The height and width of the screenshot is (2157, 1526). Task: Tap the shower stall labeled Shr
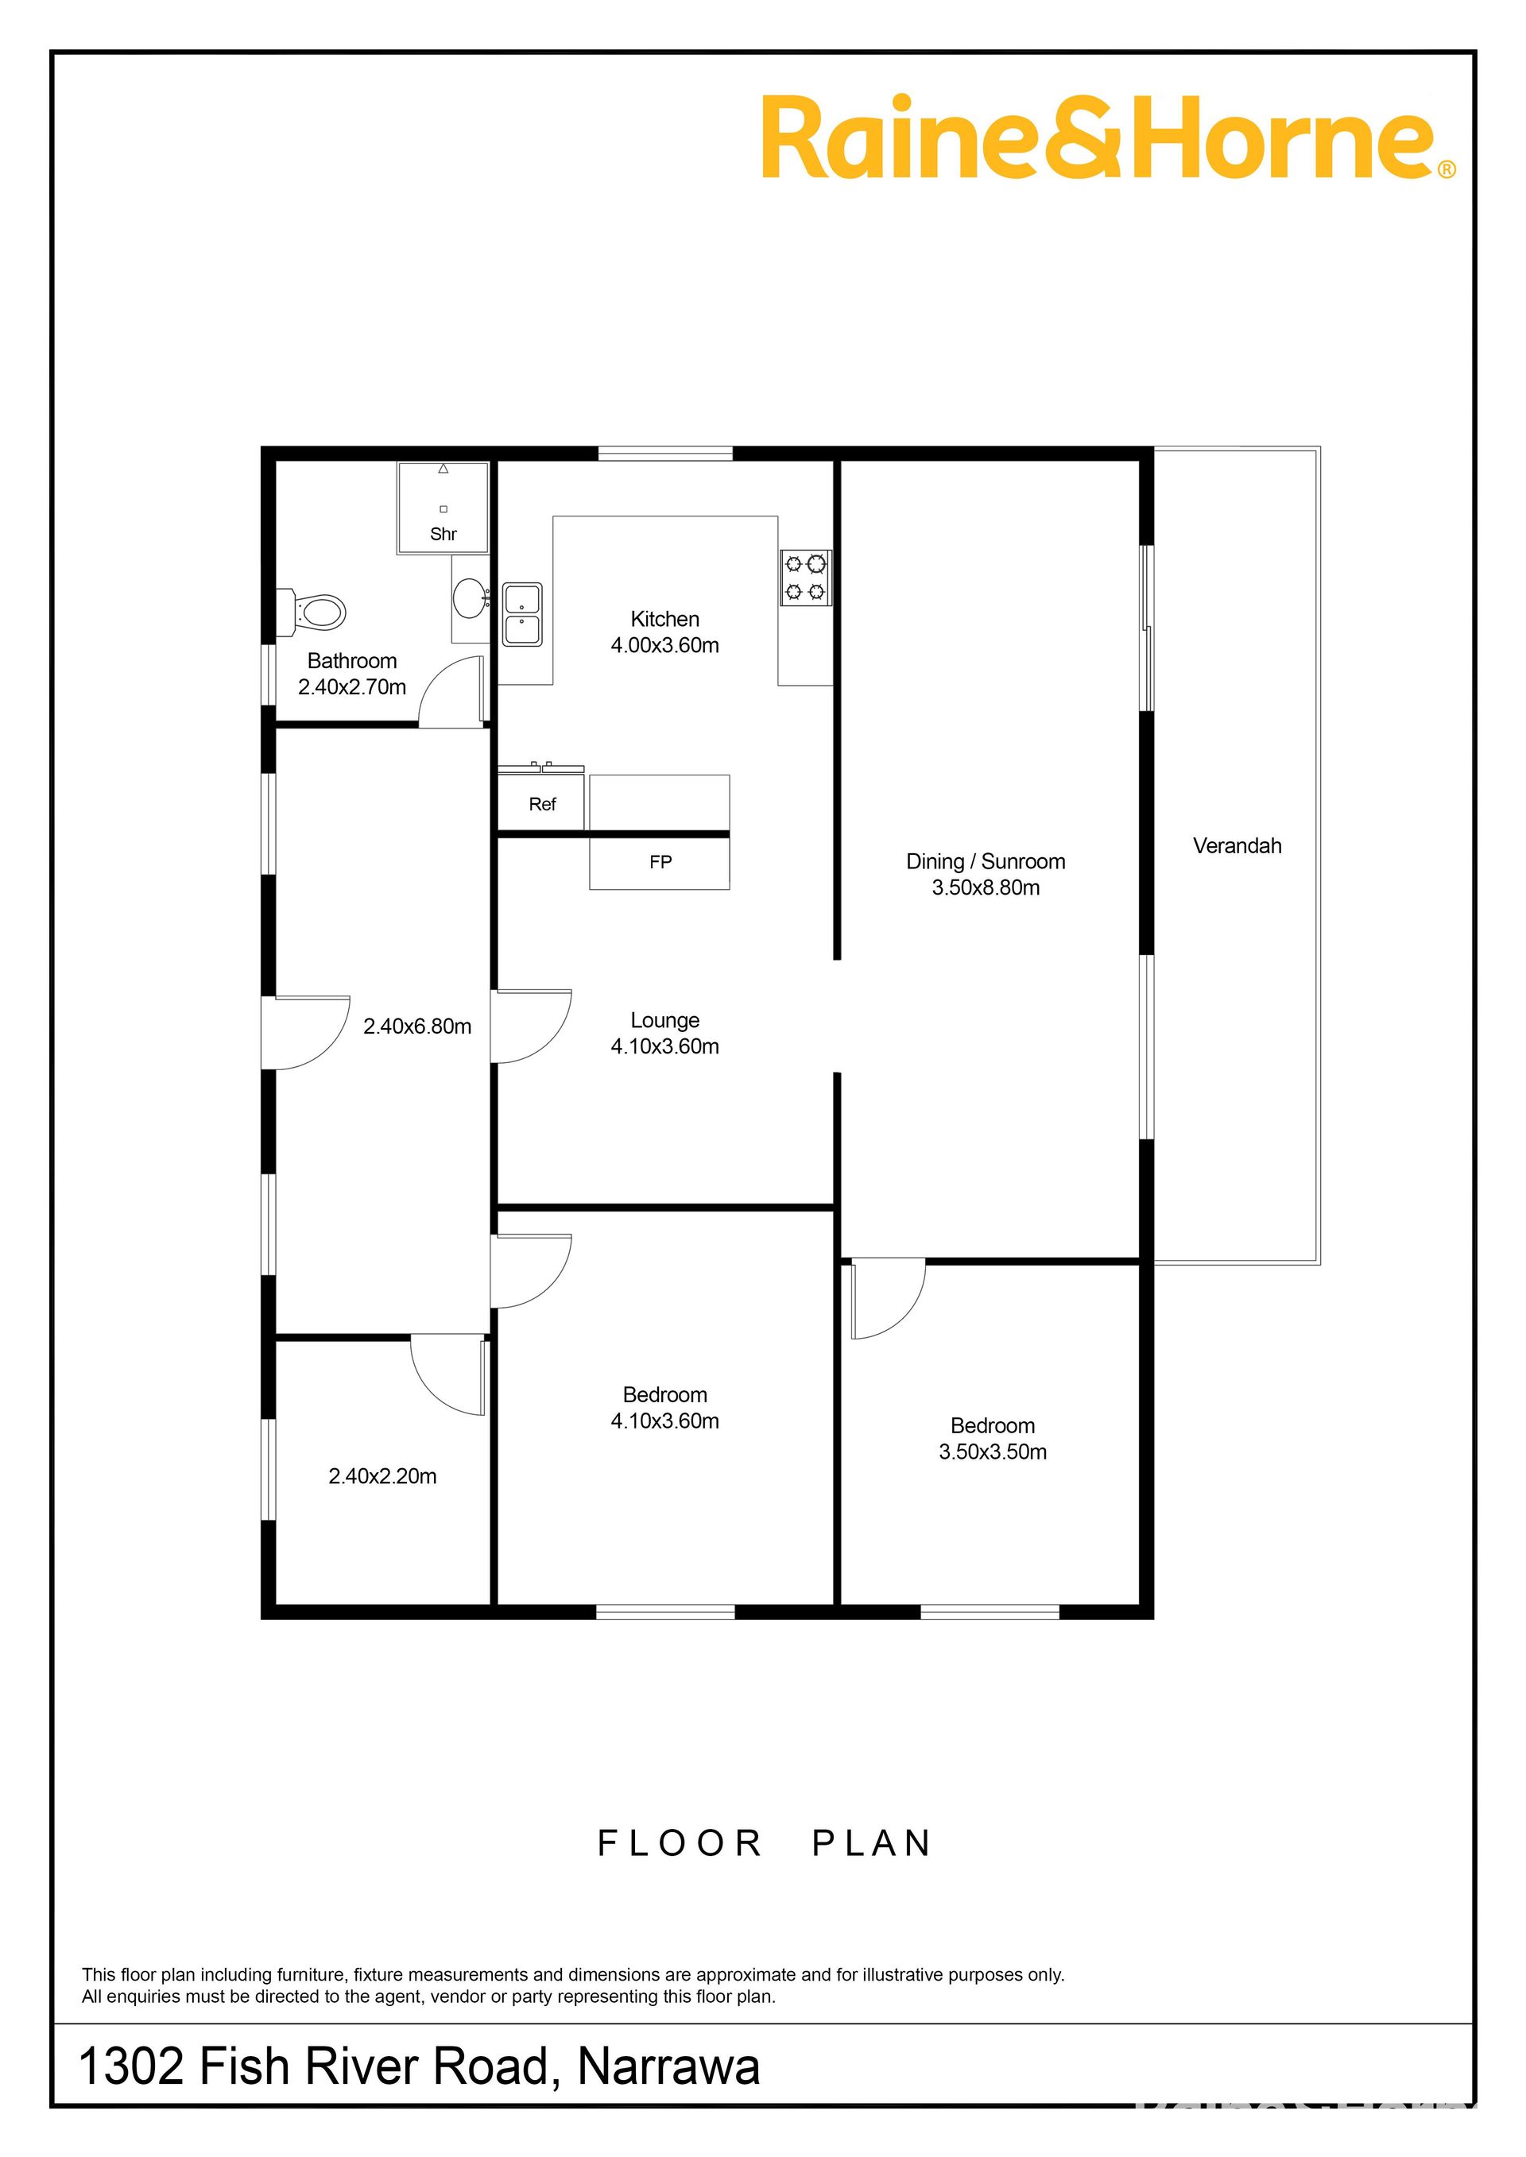click(443, 508)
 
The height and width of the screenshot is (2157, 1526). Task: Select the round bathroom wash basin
click(469, 596)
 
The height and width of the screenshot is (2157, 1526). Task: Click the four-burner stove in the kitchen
click(806, 577)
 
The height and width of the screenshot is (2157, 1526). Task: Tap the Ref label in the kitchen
click(542, 804)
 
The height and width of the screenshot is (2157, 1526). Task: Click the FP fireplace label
click(660, 861)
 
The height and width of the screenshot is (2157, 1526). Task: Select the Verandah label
click(1237, 845)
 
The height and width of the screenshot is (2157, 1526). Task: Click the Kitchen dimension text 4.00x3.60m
click(664, 645)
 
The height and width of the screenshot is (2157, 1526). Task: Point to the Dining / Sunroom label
click(986, 861)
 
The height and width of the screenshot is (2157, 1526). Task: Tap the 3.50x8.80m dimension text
click(986, 887)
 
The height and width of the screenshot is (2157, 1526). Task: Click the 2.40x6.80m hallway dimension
click(417, 1026)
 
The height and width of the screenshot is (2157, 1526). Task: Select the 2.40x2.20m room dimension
click(382, 1477)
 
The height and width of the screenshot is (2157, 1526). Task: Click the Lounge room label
click(664, 1020)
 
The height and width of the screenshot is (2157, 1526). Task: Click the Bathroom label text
click(351, 660)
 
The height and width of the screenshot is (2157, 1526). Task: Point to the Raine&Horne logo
click(1108, 137)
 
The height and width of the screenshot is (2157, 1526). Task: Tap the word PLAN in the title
click(871, 1843)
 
